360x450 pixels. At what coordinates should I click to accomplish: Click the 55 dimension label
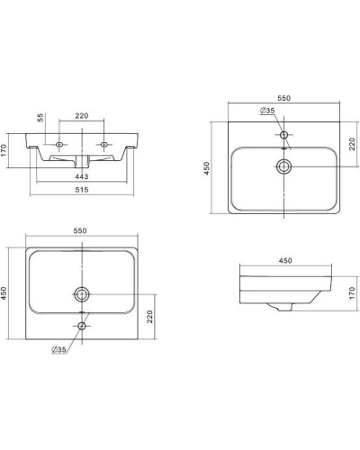pyautogui.click(x=40, y=117)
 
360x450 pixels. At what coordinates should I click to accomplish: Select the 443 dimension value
pyautogui.click(x=82, y=176)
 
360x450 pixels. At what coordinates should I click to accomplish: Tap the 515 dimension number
pyautogui.click(x=82, y=190)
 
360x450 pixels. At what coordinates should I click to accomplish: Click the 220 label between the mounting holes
pyautogui.click(x=82, y=115)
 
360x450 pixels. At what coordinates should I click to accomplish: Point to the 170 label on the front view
pyautogui.click(x=4, y=150)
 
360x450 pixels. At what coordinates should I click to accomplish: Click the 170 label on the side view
pyautogui.click(x=352, y=293)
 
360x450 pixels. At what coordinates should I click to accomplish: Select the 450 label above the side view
pyautogui.click(x=285, y=260)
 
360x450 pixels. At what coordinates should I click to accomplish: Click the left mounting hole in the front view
pyautogui.click(x=59, y=145)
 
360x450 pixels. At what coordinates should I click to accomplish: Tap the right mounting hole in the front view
pyautogui.click(x=103, y=145)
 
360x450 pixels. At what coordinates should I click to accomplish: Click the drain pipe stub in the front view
pyautogui.click(x=82, y=162)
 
